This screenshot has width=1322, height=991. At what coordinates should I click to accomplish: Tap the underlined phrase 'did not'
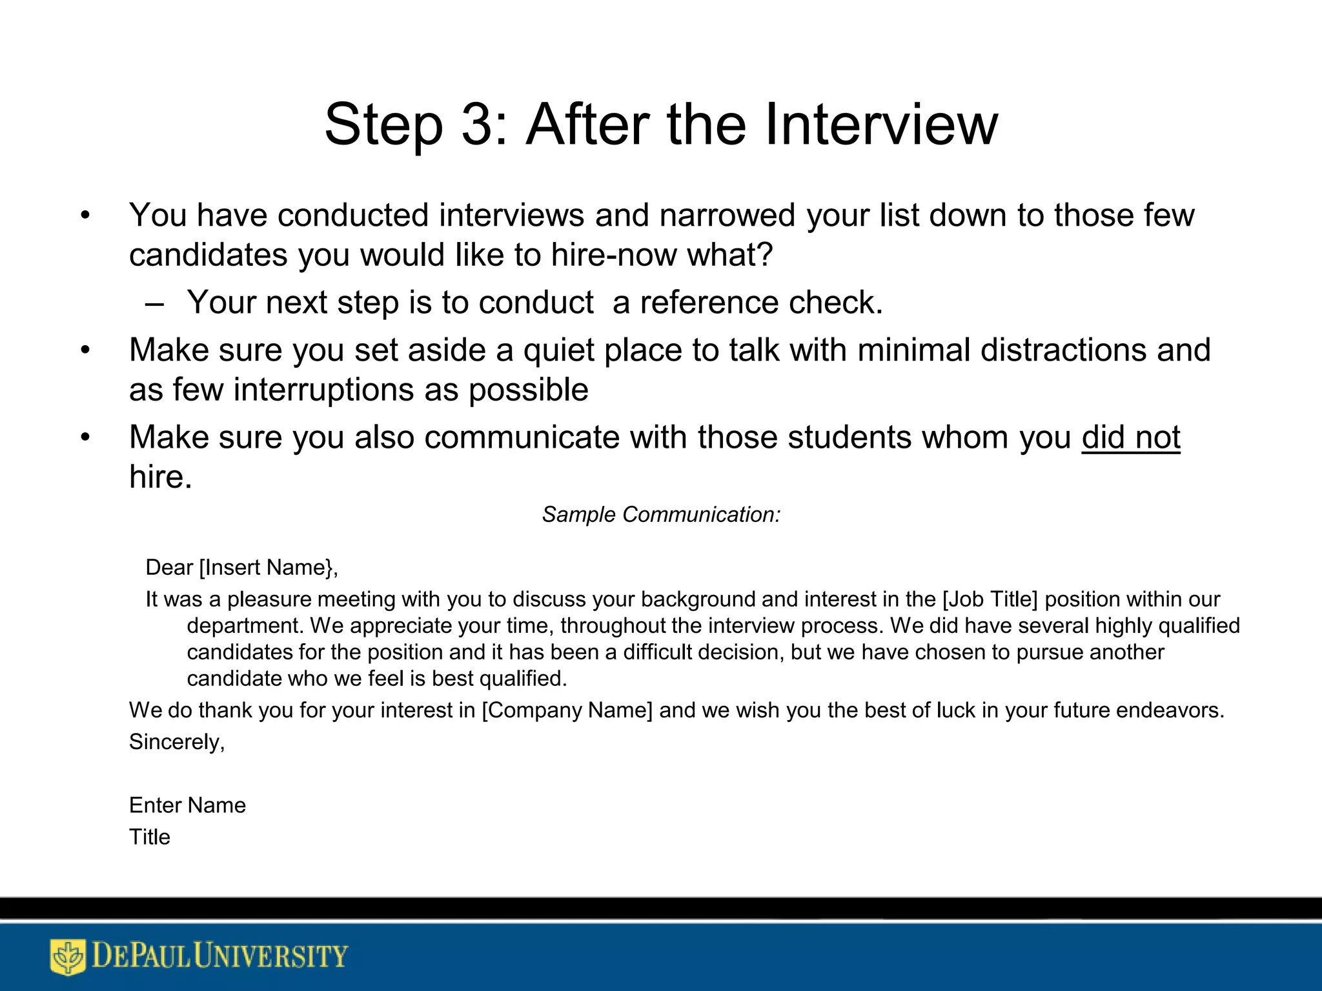point(1130,438)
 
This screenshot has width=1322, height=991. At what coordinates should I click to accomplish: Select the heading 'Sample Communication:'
point(661,515)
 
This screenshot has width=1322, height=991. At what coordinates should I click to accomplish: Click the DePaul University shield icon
point(67,956)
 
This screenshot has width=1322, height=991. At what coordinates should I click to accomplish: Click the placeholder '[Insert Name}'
point(268,568)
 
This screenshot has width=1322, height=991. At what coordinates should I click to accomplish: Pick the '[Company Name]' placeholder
point(567,710)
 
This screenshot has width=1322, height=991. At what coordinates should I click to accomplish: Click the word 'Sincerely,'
point(177,742)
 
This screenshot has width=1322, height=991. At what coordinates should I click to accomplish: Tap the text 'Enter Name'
point(187,805)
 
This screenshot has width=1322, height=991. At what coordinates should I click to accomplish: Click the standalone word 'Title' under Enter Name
point(149,837)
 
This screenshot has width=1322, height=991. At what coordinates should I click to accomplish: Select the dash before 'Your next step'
point(154,303)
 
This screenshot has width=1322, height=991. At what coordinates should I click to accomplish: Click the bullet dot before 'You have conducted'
point(85,216)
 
